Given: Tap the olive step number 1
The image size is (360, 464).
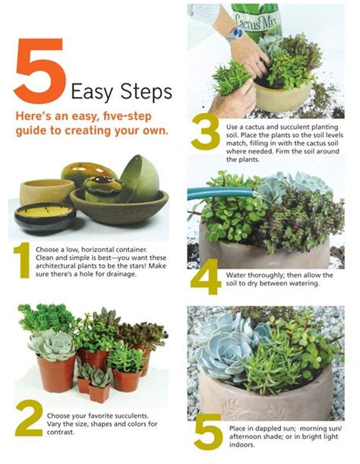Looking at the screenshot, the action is click(x=22, y=260).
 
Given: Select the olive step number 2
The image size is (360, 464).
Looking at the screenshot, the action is click(x=29, y=418).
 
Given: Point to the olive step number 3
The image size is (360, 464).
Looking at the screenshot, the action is click(x=206, y=132).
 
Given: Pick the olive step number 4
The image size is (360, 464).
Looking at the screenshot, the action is click(x=205, y=276).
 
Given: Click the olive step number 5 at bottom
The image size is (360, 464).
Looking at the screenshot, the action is click(x=208, y=432).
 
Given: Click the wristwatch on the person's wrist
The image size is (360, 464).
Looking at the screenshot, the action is click(x=235, y=33).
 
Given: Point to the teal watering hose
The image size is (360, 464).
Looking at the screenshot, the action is click(x=220, y=194).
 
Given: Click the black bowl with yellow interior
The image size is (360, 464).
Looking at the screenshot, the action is click(x=45, y=217).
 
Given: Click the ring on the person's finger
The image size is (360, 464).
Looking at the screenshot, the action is click(x=259, y=62).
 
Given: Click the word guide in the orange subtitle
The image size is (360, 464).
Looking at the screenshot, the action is click(x=32, y=131).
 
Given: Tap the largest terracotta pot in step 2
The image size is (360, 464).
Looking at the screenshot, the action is click(x=56, y=373).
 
